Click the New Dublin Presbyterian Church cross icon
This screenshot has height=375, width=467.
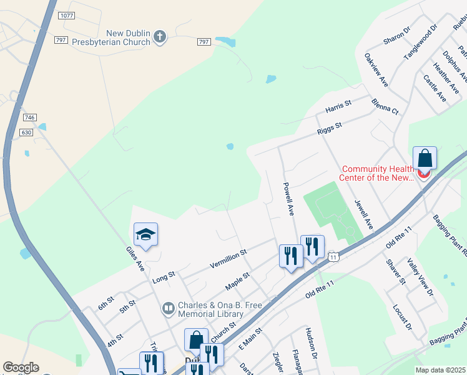[x=160, y=37]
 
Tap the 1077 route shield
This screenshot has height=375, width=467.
[x=66, y=14]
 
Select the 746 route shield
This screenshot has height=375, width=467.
[x=29, y=117]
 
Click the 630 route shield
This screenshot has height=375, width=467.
[x=26, y=132]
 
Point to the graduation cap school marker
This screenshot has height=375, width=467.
[x=145, y=234]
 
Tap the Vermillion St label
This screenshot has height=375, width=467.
[x=229, y=257]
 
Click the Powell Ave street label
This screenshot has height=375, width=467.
[x=288, y=199]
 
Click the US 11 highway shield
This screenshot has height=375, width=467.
[x=334, y=257]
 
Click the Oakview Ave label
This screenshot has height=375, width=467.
[x=376, y=69]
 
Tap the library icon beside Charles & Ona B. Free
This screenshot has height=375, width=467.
[x=168, y=308]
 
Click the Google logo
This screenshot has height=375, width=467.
[x=21, y=367]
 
